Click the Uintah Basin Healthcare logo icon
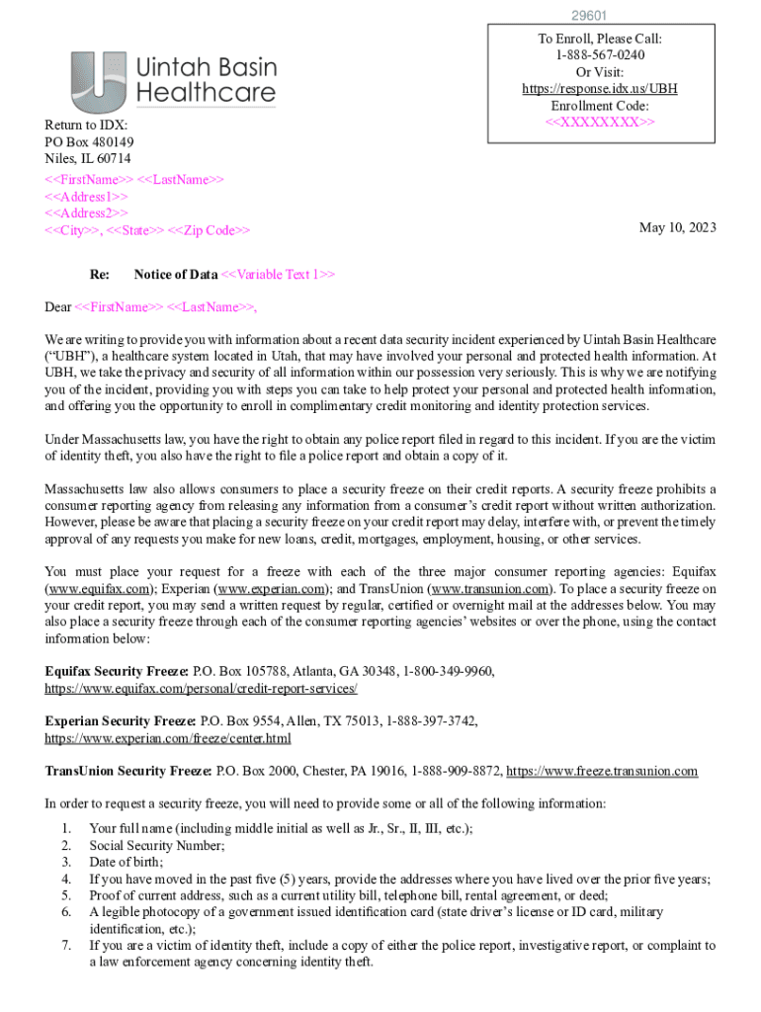tap(99, 81)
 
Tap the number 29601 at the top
tap(589, 16)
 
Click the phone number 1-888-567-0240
tap(600, 55)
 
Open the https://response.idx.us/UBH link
tap(600, 89)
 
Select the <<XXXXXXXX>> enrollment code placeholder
tap(600, 122)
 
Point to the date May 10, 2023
tap(678, 227)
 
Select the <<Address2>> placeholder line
tap(86, 212)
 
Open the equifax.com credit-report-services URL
tap(201, 688)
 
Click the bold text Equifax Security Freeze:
tap(118, 671)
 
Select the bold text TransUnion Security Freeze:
tap(128, 771)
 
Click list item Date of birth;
tap(126, 862)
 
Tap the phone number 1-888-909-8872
tap(453, 771)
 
